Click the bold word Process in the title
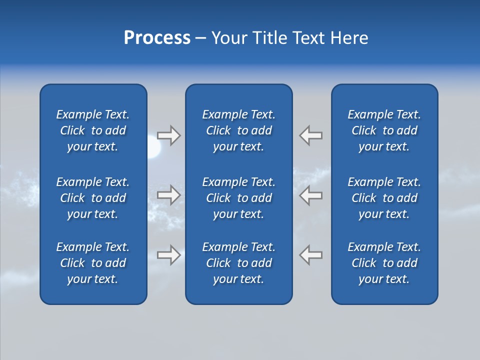coord(157,38)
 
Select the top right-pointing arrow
coord(169,135)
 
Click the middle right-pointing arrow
coord(169,195)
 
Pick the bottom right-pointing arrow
coord(169,255)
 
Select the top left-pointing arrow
coord(310,135)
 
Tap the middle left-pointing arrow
coord(310,195)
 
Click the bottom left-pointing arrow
coord(310,255)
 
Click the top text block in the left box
coord(93,130)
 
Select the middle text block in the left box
coord(93,198)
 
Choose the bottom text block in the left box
coord(93,263)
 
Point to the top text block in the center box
coord(238,130)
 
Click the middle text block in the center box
coord(238,198)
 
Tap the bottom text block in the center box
coord(238,263)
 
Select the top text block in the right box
coord(384,130)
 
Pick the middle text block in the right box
coord(384,198)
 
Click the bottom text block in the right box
coord(384,263)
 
